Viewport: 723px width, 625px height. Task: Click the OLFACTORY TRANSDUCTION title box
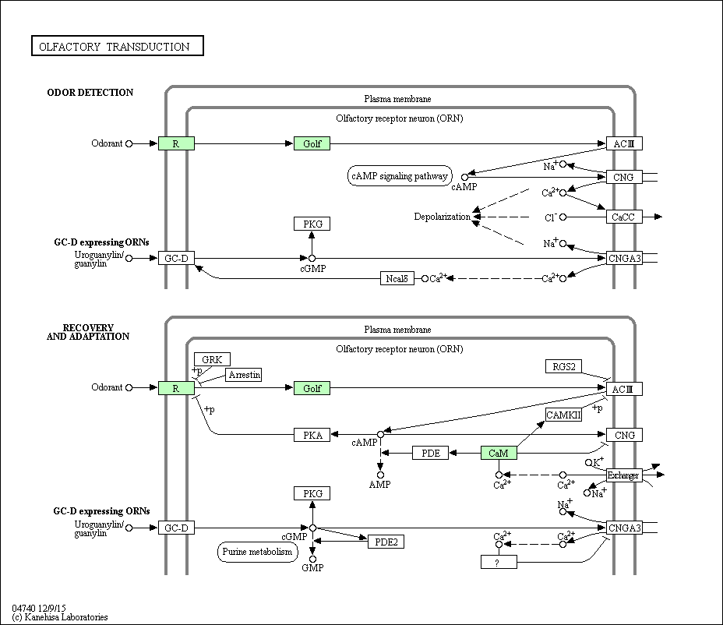pyautogui.click(x=118, y=46)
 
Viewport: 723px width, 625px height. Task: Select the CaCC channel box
pyautogui.click(x=624, y=217)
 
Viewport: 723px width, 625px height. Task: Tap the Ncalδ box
pyautogui.click(x=397, y=278)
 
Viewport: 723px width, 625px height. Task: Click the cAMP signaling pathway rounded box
pyautogui.click(x=400, y=176)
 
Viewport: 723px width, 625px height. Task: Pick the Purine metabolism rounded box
pyautogui.click(x=257, y=552)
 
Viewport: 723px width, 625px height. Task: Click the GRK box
pyautogui.click(x=212, y=359)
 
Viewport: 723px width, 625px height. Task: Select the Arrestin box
pyautogui.click(x=244, y=375)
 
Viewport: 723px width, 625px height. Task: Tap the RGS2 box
pyautogui.click(x=563, y=367)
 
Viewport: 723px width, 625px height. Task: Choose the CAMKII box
pyautogui.click(x=563, y=415)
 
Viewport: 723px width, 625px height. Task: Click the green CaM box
pyautogui.click(x=499, y=453)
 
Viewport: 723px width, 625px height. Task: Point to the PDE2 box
pyautogui.click(x=386, y=542)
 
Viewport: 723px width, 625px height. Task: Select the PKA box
pyautogui.click(x=312, y=435)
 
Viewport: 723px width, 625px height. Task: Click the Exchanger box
pyautogui.click(x=624, y=475)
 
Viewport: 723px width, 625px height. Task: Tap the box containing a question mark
pyautogui.click(x=499, y=562)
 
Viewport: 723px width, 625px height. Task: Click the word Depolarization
pyautogui.click(x=443, y=217)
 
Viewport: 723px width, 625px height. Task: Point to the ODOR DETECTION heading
pyautogui.click(x=90, y=92)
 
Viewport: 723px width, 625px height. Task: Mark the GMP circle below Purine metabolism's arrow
pyautogui.click(x=312, y=559)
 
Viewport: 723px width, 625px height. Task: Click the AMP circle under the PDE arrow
pyautogui.click(x=380, y=475)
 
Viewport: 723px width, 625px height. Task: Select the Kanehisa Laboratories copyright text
pyautogui.click(x=60, y=617)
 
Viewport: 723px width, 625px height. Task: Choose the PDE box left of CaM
pyautogui.click(x=430, y=453)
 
